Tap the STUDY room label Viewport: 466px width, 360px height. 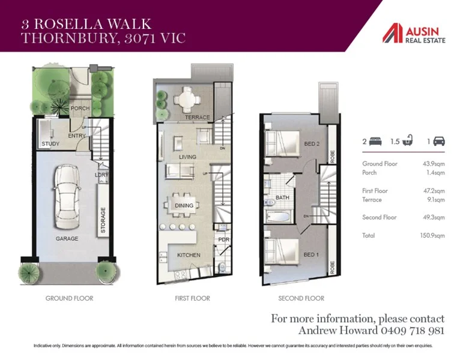(x=50, y=144)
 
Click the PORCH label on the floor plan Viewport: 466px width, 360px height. (x=79, y=109)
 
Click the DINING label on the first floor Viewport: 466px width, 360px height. (x=184, y=206)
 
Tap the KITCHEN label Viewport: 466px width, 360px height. (x=188, y=255)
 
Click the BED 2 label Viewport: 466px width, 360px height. (x=311, y=144)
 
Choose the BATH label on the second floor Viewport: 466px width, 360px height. (x=282, y=197)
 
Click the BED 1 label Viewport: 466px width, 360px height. (x=311, y=255)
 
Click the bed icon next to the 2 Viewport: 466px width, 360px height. (x=377, y=142)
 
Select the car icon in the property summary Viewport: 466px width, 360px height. (x=439, y=142)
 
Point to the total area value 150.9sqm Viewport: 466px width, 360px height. (x=432, y=236)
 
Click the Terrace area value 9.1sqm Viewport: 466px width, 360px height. (x=435, y=200)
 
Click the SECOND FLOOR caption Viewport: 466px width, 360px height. (x=301, y=298)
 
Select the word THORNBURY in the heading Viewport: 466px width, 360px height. (x=58, y=38)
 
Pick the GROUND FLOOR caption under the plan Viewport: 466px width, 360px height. (x=69, y=298)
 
